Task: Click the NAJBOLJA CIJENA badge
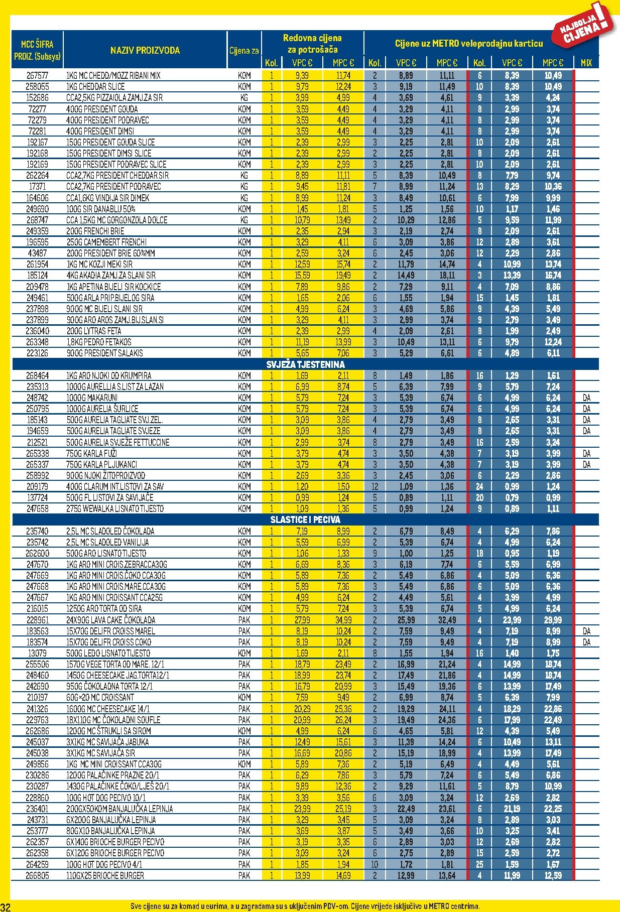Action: [585, 28]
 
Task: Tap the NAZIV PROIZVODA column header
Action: [145, 50]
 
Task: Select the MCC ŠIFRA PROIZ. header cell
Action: [37, 50]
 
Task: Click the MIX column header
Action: [586, 63]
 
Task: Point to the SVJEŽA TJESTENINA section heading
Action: [305, 364]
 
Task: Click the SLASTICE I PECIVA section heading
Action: [305, 519]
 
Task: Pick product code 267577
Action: [37, 75]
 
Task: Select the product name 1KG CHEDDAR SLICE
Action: [95, 86]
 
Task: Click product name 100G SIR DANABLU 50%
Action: [101, 209]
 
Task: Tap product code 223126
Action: [37, 353]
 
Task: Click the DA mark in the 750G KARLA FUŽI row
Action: [586, 453]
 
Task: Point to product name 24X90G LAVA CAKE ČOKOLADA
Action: [111, 620]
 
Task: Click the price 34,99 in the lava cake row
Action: [343, 620]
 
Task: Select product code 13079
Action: [37, 653]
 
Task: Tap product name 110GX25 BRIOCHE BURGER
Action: [105, 875]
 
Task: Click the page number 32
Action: [6, 906]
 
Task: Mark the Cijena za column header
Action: [244, 50]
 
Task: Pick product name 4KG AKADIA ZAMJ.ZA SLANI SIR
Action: [111, 275]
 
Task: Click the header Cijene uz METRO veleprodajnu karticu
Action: [468, 44]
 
